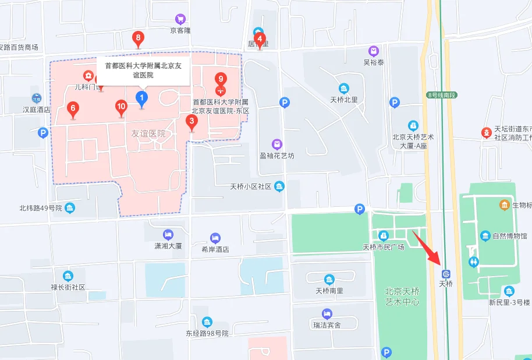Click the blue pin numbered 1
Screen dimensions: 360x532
(x=141, y=98)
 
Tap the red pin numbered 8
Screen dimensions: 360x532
(x=138, y=40)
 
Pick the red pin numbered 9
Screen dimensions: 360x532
(x=220, y=79)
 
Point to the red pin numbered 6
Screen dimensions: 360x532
(x=73, y=108)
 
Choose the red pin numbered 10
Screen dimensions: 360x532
(x=121, y=107)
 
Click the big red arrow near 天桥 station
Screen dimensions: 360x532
(x=426, y=248)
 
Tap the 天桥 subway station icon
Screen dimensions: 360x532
(x=446, y=273)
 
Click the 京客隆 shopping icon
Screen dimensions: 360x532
(x=180, y=19)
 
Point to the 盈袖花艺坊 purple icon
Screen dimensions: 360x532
(x=278, y=144)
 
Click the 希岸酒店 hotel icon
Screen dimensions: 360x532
(x=215, y=238)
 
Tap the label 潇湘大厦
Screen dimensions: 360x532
(x=168, y=246)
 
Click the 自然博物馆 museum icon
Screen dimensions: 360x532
(x=485, y=236)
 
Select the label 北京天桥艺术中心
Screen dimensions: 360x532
(x=402, y=297)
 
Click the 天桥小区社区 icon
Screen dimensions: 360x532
(x=279, y=186)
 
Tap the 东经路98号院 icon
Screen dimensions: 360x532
(x=207, y=322)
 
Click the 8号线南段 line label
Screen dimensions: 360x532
(x=442, y=94)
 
